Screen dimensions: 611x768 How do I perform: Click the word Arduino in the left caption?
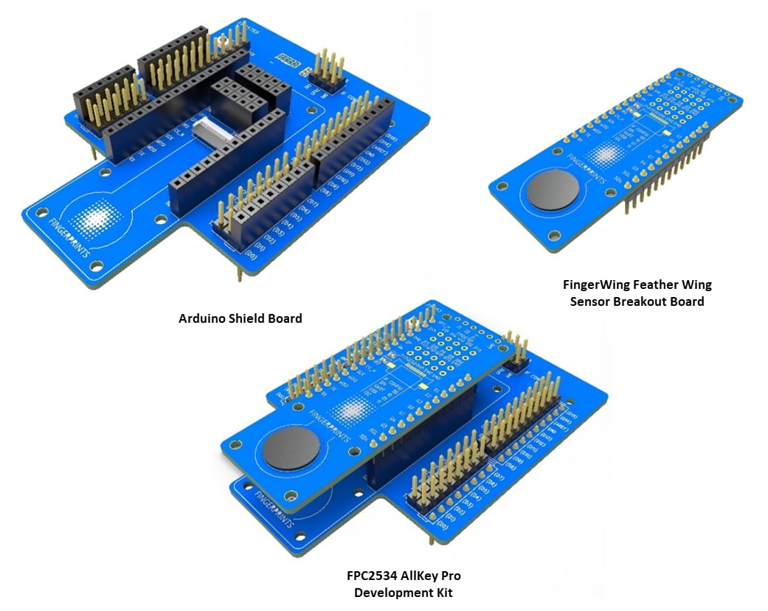201,319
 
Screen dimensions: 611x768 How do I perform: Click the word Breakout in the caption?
639,301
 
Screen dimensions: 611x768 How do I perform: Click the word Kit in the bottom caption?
441,593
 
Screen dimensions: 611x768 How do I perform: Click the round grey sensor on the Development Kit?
291,447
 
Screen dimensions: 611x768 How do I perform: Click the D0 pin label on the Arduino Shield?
252,255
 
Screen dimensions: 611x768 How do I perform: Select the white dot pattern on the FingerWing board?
605,154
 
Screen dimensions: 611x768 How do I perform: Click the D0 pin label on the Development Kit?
443,526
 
